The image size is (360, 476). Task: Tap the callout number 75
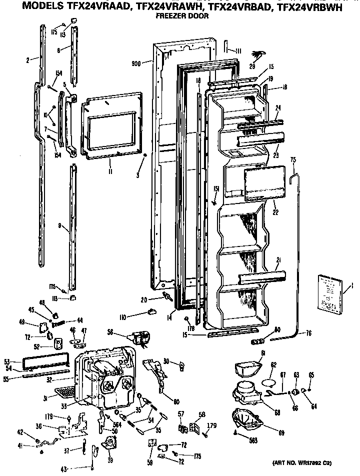coord(293,159)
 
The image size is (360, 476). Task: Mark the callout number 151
coord(216,188)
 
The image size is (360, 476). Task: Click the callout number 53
coord(7,361)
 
